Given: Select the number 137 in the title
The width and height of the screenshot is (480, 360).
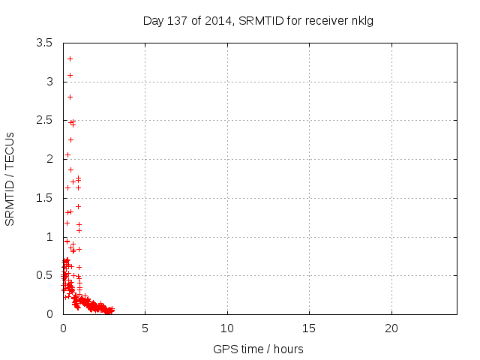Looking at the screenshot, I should (177, 20).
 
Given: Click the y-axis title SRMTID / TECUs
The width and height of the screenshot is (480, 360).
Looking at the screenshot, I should (10, 178).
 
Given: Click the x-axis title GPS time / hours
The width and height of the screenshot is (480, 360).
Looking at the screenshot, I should (258, 349).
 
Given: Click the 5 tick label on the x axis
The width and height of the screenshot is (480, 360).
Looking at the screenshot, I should (145, 328).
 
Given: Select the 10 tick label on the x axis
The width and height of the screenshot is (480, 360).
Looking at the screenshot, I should (227, 328).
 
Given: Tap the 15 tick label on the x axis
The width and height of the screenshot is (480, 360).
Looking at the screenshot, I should (309, 328).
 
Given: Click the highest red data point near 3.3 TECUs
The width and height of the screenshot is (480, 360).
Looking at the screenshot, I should (70, 58).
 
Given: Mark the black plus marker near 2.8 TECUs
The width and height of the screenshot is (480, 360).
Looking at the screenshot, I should (70, 97).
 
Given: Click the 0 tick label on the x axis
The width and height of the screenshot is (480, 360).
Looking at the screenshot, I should (63, 328).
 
